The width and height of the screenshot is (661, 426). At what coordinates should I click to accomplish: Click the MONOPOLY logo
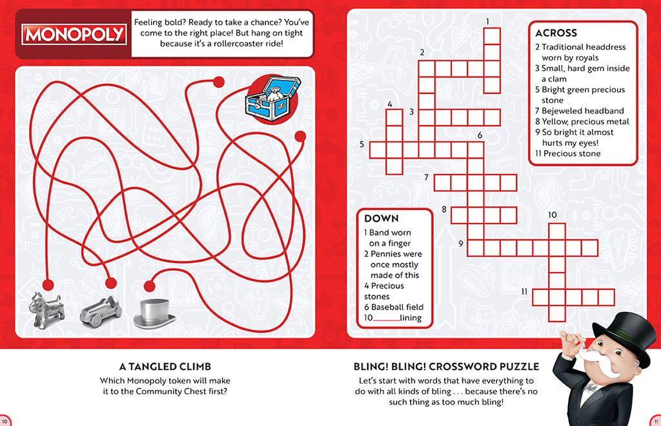pyautogui.click(x=74, y=34)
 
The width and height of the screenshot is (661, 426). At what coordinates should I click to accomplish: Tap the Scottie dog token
pyautogui.click(x=46, y=309)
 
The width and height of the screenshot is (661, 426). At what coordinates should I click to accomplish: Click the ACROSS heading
pyautogui.click(x=556, y=33)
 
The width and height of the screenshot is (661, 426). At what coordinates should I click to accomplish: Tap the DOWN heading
pyautogui.click(x=381, y=218)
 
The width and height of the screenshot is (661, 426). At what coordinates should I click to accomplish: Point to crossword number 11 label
pyautogui.click(x=525, y=291)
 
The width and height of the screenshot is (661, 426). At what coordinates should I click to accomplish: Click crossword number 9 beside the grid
pyautogui.click(x=461, y=243)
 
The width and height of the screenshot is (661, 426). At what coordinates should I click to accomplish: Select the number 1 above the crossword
pyautogui.click(x=488, y=21)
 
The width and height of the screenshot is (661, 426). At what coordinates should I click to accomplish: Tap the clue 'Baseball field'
pyautogui.click(x=397, y=307)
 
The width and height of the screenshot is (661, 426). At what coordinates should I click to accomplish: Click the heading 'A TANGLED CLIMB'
pyautogui.click(x=165, y=366)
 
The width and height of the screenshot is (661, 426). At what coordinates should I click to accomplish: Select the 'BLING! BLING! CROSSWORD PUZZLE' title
pyautogui.click(x=446, y=366)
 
